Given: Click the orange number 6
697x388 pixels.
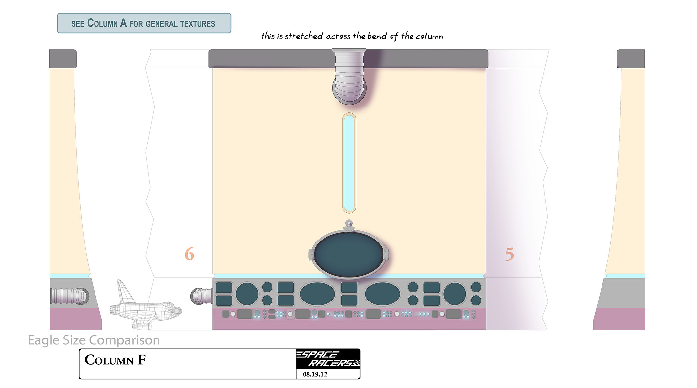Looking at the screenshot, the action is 189,254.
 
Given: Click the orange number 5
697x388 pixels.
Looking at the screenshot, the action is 509,254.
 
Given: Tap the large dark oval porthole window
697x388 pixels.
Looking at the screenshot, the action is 349,254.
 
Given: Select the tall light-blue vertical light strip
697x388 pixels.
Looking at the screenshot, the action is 349,163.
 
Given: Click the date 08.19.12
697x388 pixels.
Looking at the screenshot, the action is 315,374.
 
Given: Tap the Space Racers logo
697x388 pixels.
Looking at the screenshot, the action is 328,359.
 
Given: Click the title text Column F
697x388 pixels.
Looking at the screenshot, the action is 115,360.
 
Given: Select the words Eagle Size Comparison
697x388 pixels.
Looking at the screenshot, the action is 94,340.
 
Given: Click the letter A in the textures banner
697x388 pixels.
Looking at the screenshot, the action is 123,23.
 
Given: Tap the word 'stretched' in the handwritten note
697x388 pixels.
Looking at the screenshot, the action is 304,36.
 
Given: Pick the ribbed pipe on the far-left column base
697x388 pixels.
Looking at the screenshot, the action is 70,296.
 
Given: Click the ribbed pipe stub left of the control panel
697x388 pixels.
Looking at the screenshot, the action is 201,296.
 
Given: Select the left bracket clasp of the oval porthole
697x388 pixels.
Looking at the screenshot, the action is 312,254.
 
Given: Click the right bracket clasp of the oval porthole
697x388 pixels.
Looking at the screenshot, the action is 386,254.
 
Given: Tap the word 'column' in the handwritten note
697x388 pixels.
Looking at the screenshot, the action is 429,36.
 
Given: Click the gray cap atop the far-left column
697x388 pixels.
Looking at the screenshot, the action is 63,59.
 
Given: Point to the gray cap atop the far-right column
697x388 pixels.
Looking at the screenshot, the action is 631,59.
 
